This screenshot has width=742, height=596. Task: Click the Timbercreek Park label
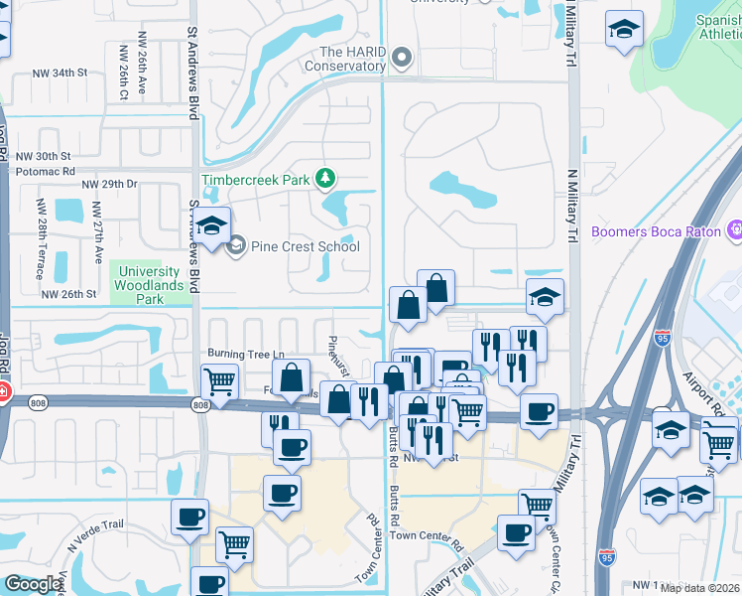point(255,181)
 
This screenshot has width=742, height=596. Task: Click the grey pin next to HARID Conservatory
point(402,58)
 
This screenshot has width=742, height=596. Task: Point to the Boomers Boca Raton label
point(655,232)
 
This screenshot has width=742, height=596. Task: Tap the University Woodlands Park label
point(149,284)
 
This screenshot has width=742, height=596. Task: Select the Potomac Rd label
point(46,171)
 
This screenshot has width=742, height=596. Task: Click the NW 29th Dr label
point(109,185)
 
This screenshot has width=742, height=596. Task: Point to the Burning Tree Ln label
point(245,354)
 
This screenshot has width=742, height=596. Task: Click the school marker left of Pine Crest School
point(212,226)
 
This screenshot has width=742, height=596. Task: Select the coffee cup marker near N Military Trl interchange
point(539,411)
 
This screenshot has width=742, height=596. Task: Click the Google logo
point(33,584)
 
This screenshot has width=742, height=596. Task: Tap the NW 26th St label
point(69,294)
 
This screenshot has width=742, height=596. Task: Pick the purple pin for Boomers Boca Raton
point(735,232)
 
